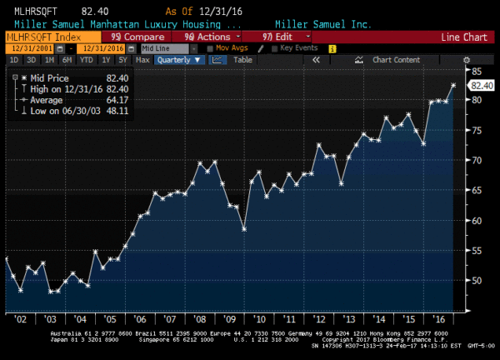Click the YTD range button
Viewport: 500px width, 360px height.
tap(87, 60)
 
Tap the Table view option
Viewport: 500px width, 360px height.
tap(242, 60)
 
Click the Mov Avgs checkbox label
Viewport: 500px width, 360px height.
tap(232, 48)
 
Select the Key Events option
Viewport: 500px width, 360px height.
tap(298, 48)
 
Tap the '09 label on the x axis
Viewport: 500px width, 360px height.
tap(227, 318)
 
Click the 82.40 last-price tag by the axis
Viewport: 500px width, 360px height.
tap(482, 85)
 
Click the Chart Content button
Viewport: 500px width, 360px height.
tap(396, 60)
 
